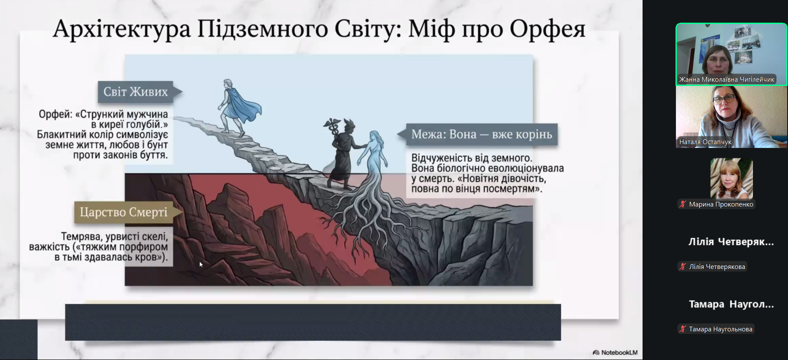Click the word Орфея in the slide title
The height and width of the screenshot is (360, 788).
[547, 30]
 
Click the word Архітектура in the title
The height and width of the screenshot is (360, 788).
[122, 29]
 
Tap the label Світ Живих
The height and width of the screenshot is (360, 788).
[136, 91]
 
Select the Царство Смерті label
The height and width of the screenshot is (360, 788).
[124, 212]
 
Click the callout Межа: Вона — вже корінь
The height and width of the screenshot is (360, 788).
[482, 134]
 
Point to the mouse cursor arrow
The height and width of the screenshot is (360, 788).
[201, 265]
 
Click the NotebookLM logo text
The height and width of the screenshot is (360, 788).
[619, 353]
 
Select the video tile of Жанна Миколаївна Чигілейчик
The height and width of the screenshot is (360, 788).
[732, 54]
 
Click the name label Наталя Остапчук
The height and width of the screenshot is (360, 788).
[705, 142]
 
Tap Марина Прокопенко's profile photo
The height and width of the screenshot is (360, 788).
[732, 179]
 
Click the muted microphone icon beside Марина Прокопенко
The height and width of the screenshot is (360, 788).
[683, 204]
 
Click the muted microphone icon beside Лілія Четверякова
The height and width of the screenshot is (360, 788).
[683, 267]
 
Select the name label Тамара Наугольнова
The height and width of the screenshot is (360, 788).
[720, 329]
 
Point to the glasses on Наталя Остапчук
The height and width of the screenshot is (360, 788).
[724, 100]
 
